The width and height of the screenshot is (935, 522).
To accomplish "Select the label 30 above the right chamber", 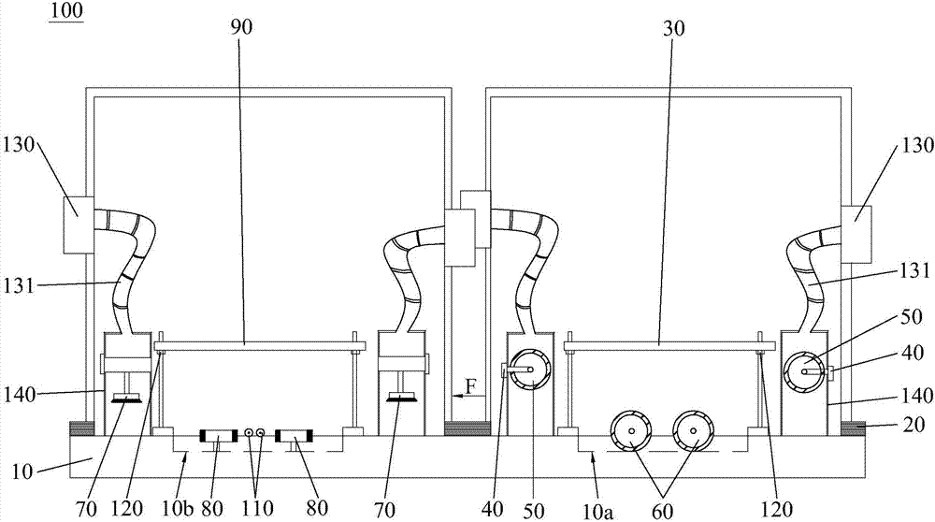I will click(671, 28).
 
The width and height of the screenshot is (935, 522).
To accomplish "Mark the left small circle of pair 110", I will click(250, 432).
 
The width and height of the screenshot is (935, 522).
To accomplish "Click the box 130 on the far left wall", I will click(77, 225).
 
